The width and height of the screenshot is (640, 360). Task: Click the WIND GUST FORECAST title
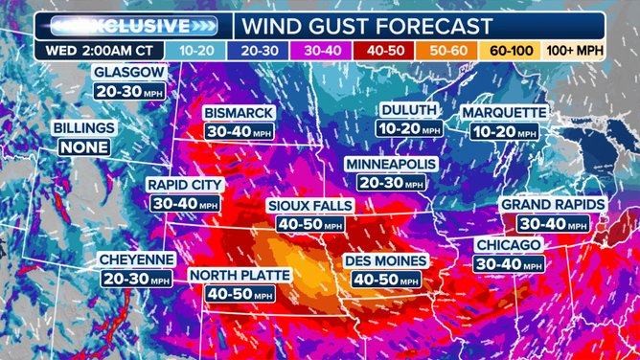(x=368, y=26)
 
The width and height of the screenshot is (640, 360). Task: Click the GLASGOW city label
(x=129, y=72)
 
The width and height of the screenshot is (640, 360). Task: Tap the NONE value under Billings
(x=83, y=147)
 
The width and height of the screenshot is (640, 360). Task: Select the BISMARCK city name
(x=239, y=113)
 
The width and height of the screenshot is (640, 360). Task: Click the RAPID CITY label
(x=185, y=184)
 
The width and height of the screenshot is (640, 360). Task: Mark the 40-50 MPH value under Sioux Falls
(x=309, y=225)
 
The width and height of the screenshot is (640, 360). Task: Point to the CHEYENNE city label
(x=136, y=259)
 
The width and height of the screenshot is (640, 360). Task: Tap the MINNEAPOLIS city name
(x=390, y=164)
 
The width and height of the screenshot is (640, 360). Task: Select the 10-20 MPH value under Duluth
(x=409, y=129)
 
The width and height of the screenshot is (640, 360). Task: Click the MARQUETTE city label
(x=503, y=113)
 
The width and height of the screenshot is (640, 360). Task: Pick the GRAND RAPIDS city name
(x=552, y=204)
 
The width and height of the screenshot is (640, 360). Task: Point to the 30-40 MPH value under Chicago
(x=510, y=264)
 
